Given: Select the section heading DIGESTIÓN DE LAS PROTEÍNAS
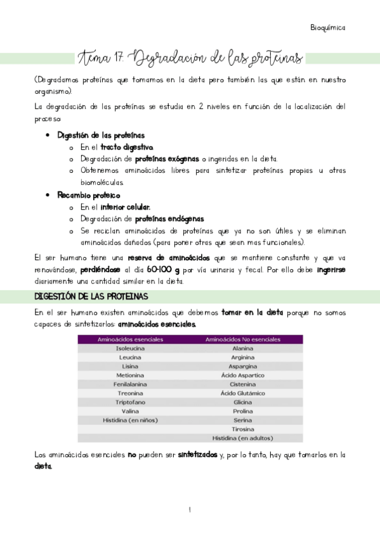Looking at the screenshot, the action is [x=90, y=296].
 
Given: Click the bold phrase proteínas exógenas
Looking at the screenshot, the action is [x=166, y=159].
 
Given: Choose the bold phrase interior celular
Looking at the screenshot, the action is [x=126, y=207].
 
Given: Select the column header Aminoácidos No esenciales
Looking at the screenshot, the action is [x=243, y=339].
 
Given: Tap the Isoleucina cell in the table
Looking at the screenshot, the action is [x=130, y=348].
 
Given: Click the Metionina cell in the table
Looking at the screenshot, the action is [x=130, y=375].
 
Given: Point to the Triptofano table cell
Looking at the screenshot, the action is [x=130, y=402].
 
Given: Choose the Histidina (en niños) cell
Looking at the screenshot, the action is [x=130, y=420].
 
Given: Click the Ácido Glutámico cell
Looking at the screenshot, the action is [x=243, y=393].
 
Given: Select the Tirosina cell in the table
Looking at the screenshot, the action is [x=243, y=429].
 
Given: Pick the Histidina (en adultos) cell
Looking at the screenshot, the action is [x=243, y=438].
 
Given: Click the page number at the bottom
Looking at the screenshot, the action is [x=190, y=510].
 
